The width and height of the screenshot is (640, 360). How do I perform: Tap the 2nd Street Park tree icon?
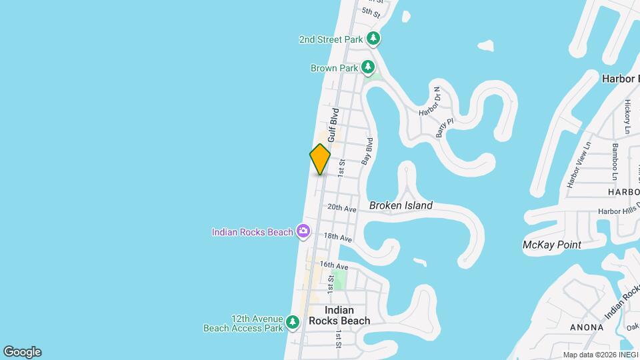coord(375,39)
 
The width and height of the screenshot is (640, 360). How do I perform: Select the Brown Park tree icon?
coord(367,67)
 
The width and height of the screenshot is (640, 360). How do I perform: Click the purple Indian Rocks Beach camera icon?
coord(303,231)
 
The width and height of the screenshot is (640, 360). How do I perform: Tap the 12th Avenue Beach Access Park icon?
coord(292,323)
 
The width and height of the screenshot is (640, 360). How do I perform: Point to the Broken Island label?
coord(401,205)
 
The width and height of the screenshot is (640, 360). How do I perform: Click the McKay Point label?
coord(551,245)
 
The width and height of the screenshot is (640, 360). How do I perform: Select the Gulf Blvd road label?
coord(333,123)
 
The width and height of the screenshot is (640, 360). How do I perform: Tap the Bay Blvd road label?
coord(366,152)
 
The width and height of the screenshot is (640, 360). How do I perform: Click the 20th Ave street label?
coord(342,209)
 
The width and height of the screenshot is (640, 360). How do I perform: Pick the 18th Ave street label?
coord(337,237)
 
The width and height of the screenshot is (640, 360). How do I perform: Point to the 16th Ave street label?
coord(335,265)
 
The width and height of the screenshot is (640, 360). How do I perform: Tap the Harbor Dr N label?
coord(429,102)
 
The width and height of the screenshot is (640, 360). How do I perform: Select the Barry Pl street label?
coord(440,127)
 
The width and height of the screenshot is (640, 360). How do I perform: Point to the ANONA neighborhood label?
coord(587,327)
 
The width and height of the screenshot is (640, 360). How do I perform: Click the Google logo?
coord(21,351)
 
